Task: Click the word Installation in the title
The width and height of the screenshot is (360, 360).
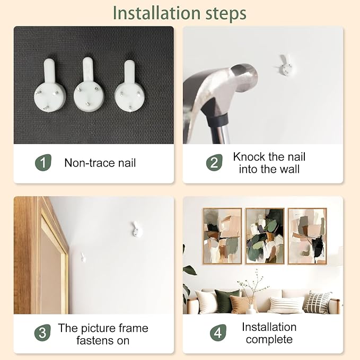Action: coord(157,13)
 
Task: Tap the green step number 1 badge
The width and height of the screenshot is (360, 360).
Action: coord(43,163)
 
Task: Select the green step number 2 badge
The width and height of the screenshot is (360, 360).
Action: coord(214,163)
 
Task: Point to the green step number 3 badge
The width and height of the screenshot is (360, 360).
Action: coord(42,332)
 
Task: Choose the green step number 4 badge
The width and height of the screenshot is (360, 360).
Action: coord(218,332)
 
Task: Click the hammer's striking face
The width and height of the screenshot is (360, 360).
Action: coord(245,75)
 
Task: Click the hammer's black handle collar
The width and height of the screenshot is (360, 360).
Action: coord(218,120)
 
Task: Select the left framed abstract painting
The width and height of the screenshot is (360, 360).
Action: coord(222,236)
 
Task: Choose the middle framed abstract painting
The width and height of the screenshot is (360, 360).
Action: coord(265,236)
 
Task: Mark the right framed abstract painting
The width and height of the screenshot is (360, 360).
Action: coord(308,236)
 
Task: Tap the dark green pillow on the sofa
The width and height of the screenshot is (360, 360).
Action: coord(226,300)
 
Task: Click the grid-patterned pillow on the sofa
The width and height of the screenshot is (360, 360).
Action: coord(318,302)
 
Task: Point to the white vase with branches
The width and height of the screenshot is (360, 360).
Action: coord(251,309)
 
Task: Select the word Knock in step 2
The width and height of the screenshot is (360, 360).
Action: coord(249,157)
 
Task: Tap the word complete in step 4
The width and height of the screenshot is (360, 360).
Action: coord(269,339)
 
